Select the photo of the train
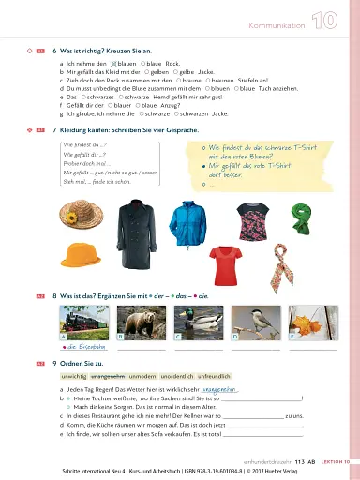pos(85,320)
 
